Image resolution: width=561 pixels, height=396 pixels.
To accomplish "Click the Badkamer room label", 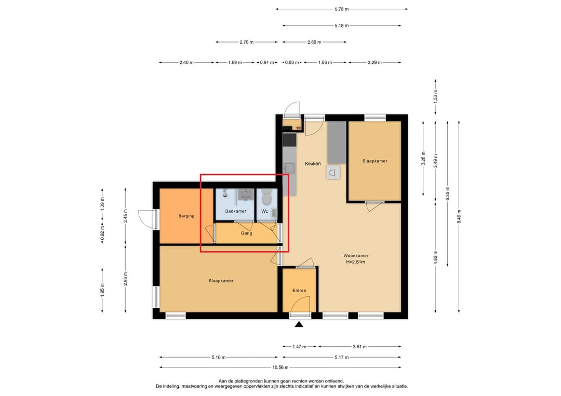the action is coord(235,211).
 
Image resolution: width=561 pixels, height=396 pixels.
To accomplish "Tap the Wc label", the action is coord(264,211).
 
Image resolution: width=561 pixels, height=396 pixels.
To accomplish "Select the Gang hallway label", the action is coord(246,233).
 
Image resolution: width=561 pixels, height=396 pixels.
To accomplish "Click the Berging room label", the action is coord(186,216).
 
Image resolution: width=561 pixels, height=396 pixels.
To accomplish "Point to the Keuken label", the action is coord(313,163).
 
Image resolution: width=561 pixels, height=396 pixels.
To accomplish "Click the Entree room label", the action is coord(299,291).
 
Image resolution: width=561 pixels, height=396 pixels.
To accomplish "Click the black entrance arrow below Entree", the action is coord(299,324).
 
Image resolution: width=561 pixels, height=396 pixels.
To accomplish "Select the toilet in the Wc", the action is coord(267,196).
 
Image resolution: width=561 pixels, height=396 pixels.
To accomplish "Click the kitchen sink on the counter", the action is coord(289,168).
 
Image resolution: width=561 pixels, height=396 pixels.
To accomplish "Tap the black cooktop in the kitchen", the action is coord(289,140).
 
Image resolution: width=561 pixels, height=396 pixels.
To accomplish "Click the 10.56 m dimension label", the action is coord(280,367).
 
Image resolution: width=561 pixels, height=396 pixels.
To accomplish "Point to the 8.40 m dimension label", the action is coord(459,216).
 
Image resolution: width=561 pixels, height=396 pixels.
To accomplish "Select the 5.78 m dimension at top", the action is coord(342,9).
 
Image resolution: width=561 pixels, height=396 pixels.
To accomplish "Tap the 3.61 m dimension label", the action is coord(359,347).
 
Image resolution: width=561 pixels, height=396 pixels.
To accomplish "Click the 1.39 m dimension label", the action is coord(102,204).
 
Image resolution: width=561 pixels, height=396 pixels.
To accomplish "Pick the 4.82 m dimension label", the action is coord(435,257).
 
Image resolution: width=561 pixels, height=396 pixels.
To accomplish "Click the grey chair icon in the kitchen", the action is coord(333,173).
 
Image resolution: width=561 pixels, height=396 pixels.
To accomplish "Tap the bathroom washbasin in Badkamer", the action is coord(245,195).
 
